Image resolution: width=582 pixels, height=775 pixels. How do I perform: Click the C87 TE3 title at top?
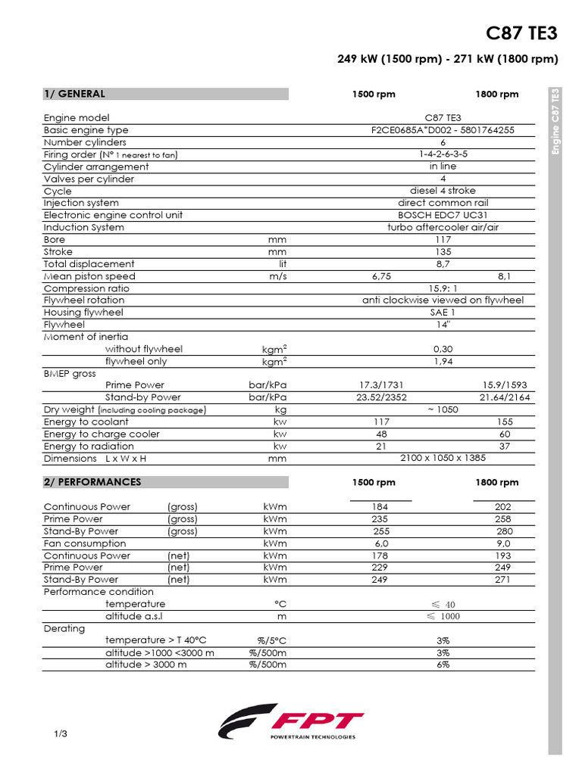click(x=521, y=34)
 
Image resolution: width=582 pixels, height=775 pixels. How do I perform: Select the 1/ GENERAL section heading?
click(x=74, y=94)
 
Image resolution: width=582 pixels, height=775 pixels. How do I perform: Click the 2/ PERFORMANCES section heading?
click(x=92, y=482)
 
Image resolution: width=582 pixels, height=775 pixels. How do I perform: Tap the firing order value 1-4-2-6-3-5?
click(x=443, y=154)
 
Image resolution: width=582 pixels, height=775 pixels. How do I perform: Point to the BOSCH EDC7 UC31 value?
click(x=443, y=215)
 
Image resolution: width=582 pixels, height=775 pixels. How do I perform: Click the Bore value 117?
click(x=443, y=239)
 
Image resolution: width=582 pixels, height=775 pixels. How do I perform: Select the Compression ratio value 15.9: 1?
click(x=443, y=288)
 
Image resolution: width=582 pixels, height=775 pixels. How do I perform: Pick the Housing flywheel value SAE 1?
click(x=443, y=313)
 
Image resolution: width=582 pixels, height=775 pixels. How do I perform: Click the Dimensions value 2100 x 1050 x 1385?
click(x=443, y=459)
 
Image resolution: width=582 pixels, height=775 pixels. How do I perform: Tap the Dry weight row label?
click(x=125, y=410)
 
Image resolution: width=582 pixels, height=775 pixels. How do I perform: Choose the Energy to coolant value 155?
click(x=504, y=422)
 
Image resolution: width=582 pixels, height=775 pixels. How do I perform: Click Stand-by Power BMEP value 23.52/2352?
click(x=382, y=397)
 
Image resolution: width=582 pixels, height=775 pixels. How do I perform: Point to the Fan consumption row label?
click(x=85, y=543)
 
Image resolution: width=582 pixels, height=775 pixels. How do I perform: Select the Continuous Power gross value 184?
click(x=380, y=506)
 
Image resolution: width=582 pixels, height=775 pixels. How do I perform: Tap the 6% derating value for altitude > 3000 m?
click(x=443, y=665)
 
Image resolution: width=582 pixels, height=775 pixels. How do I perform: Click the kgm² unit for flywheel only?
click(x=274, y=361)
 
